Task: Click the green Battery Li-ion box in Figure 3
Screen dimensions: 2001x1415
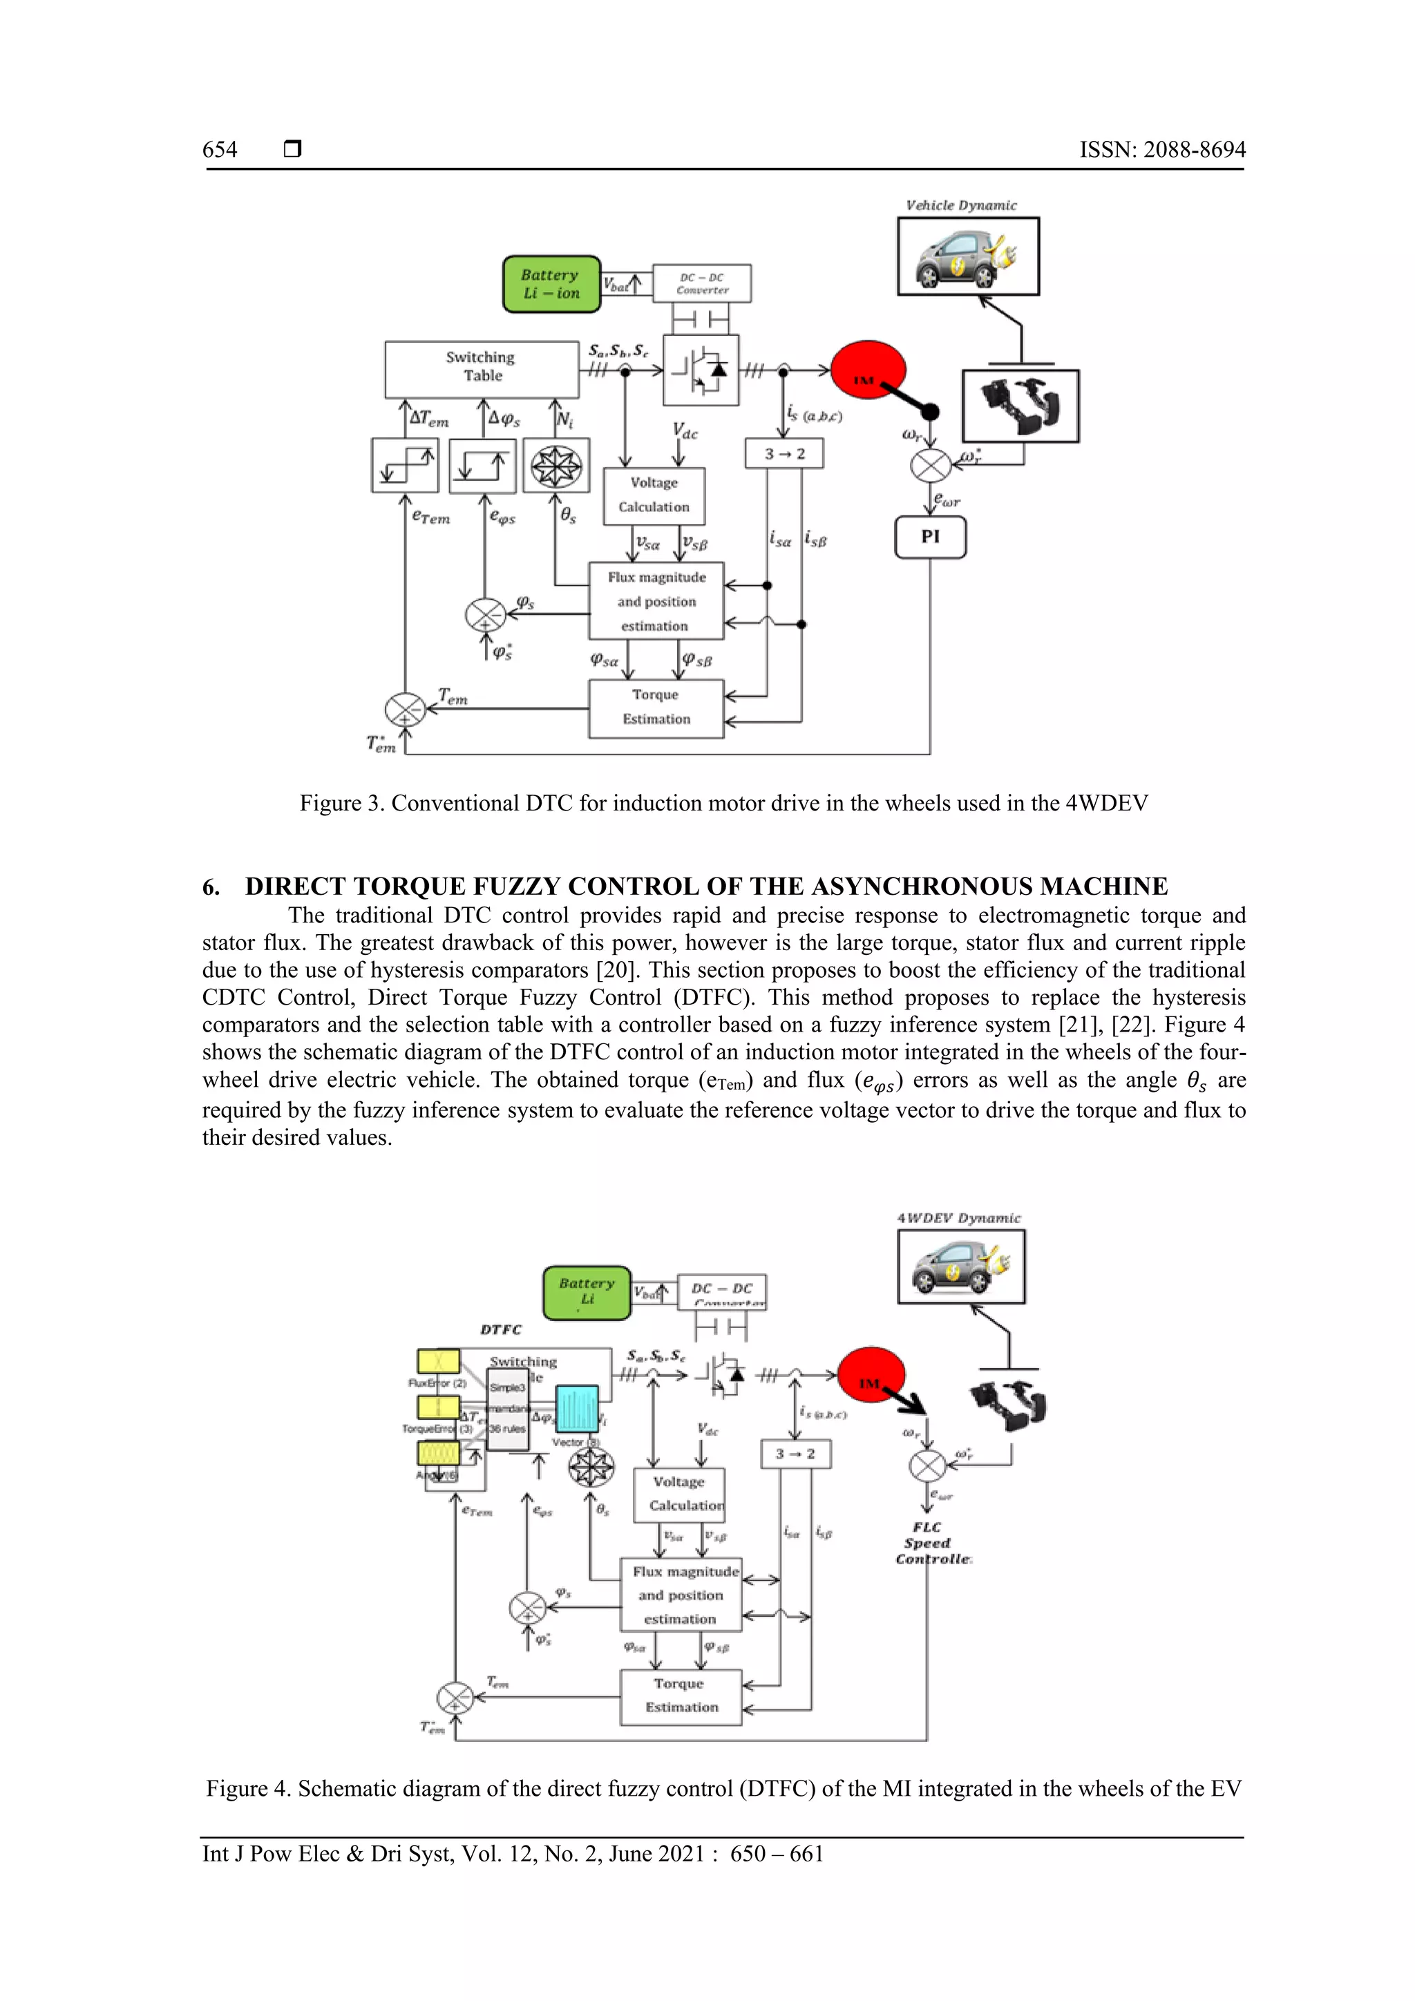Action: [551, 284]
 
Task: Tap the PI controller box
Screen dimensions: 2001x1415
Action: [930, 537]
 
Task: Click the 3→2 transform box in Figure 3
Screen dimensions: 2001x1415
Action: [784, 454]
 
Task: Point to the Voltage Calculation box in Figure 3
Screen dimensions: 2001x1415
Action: [654, 495]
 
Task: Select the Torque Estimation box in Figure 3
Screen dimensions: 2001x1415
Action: [656, 708]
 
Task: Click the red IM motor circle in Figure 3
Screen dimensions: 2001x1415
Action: [866, 370]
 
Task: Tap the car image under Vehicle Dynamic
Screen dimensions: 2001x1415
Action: [968, 257]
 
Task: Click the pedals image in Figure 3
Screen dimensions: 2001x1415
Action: [1020, 406]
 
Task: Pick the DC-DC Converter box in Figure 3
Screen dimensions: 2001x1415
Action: [701, 284]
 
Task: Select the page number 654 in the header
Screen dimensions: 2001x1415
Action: [220, 150]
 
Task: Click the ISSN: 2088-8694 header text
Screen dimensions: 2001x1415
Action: [1162, 150]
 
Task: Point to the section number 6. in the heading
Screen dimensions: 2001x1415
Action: [211, 887]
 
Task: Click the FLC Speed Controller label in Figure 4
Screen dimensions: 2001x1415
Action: [929, 1543]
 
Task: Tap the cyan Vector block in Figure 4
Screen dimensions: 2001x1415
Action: [577, 1408]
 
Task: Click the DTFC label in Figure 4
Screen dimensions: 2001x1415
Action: [501, 1330]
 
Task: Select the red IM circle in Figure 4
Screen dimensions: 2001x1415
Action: [871, 1374]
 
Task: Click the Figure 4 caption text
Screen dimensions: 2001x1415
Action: [723, 1789]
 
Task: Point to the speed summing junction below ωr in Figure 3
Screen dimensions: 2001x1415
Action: [931, 466]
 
